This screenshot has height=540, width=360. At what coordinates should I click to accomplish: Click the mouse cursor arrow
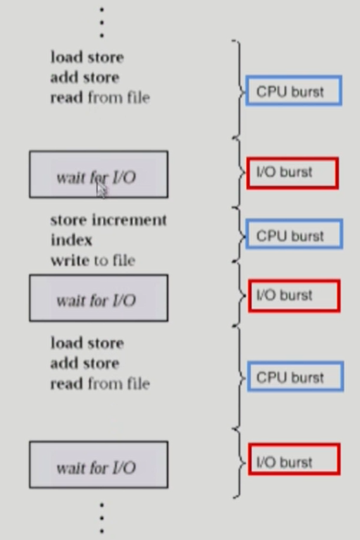pyautogui.click(x=102, y=190)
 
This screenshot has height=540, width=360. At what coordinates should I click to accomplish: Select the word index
pyautogui.click(x=72, y=240)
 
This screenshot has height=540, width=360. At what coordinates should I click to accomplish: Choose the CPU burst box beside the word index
pyautogui.click(x=294, y=234)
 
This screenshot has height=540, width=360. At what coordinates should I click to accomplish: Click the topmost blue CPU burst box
pyautogui.click(x=294, y=90)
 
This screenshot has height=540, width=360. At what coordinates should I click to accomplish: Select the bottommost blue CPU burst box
pyautogui.click(x=296, y=376)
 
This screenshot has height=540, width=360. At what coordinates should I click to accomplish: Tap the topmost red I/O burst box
pyautogui.click(x=292, y=173)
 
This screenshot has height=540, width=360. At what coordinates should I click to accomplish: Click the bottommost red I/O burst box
pyautogui.click(x=294, y=460)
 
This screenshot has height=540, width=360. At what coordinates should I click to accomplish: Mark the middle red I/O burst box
pyautogui.click(x=294, y=296)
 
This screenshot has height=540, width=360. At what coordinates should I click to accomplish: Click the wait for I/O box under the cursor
pyautogui.click(x=99, y=174)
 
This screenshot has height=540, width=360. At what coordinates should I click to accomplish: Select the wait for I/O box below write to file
pyautogui.click(x=99, y=298)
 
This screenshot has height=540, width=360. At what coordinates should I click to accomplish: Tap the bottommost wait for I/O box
pyautogui.click(x=99, y=465)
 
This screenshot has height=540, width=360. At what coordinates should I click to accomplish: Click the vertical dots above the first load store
pyautogui.click(x=101, y=23)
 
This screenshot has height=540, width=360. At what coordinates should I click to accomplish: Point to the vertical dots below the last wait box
pyautogui.click(x=102, y=518)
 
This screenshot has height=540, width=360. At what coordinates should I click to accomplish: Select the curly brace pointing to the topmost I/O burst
pyautogui.click(x=240, y=172)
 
